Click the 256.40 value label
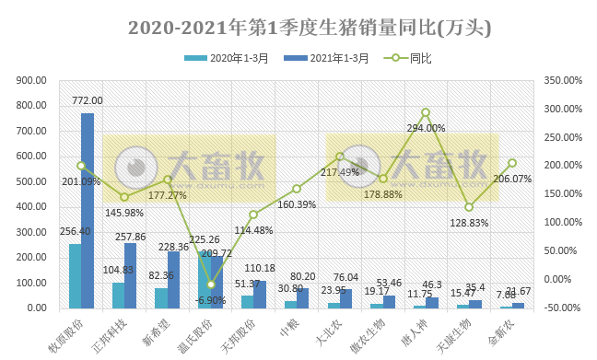click(x=75, y=231)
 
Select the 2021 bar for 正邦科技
click(x=131, y=275)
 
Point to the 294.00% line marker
click(x=426, y=112)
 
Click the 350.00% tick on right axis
click(x=564, y=80)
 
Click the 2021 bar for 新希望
click(x=174, y=279)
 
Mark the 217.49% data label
click(x=341, y=171)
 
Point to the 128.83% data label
click(x=469, y=222)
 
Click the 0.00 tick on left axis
click(x=40, y=308)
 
